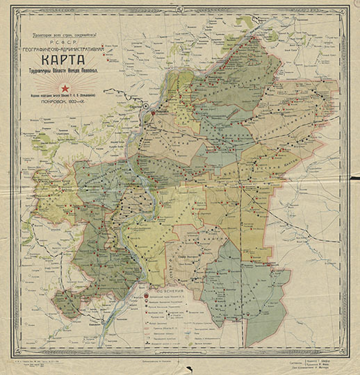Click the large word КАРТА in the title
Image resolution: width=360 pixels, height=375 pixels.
(64, 62)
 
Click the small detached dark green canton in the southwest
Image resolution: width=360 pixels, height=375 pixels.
(67, 303)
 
